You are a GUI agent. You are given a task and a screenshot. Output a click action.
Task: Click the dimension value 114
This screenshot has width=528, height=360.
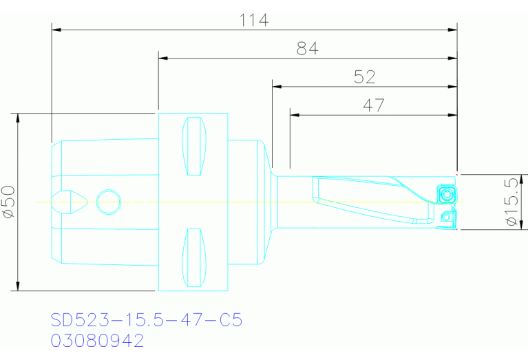pyautogui.click(x=253, y=20)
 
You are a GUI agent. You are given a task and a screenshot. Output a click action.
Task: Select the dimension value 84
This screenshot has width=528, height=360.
pyautogui.click(x=308, y=49)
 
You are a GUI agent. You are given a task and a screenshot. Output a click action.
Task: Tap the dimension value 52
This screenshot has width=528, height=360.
pyautogui.click(x=364, y=77)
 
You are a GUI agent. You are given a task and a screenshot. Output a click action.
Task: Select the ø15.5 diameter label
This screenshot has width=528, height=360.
pyautogui.click(x=511, y=202)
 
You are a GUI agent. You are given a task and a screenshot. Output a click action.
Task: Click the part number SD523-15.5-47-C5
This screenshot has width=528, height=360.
pyautogui.click(x=147, y=320)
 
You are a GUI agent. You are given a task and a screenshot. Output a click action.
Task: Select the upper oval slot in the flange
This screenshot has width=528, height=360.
pyautogui.click(x=193, y=147)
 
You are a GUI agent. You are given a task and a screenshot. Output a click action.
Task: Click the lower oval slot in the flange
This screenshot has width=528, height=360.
pyautogui.click(x=193, y=257)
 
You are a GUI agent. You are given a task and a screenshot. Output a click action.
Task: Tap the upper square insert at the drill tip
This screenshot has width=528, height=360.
pyautogui.click(x=446, y=193)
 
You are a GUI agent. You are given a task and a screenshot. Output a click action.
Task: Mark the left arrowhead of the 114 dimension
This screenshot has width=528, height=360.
pyautogui.click(x=56, y=30)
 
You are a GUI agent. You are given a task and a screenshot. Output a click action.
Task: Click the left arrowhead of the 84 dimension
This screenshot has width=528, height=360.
pyautogui.click(x=164, y=59)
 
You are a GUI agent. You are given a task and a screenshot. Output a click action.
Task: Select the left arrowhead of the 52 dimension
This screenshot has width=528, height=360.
pyautogui.click(x=277, y=87)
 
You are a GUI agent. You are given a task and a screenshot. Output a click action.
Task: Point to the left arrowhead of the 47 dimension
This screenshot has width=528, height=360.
pyautogui.click(x=295, y=115)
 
